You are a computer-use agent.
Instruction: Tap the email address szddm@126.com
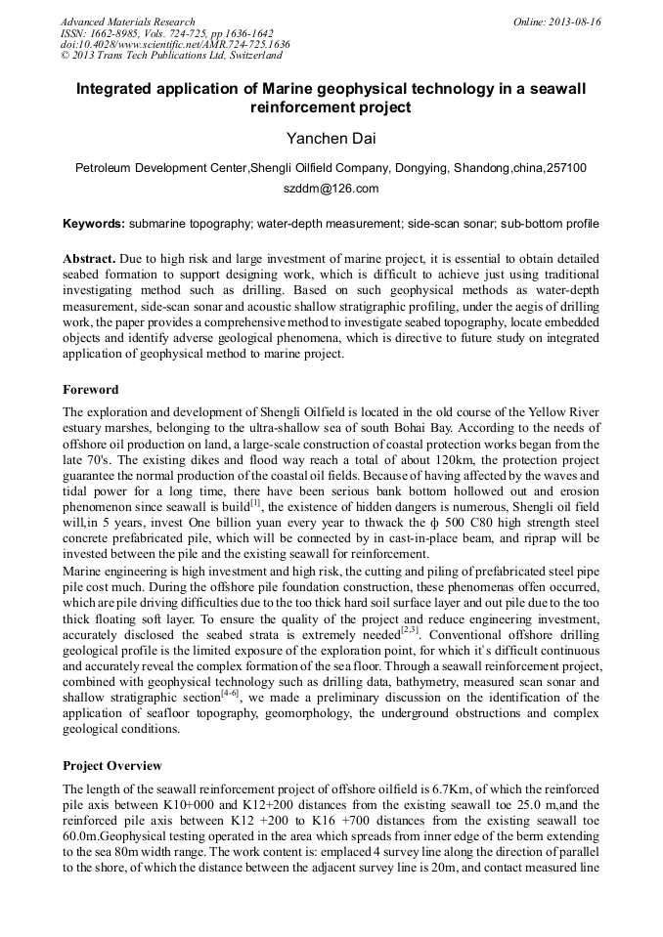[331, 189]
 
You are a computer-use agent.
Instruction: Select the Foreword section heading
[91, 388]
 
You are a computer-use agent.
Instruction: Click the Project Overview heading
[112, 765]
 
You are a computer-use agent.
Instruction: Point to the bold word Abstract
[89, 258]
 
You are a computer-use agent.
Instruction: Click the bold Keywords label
[93, 224]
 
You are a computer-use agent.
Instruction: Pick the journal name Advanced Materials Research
[127, 21]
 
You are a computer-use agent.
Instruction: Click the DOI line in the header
[175, 45]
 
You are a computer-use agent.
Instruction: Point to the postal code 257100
[566, 168]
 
